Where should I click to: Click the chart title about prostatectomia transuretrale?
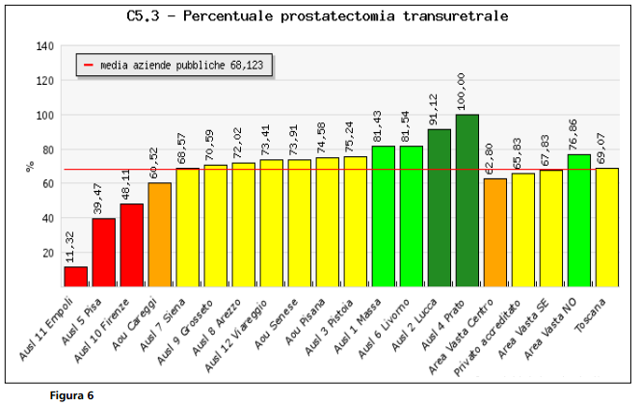317,16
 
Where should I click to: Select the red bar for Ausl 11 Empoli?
75,277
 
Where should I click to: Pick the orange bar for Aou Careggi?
159,234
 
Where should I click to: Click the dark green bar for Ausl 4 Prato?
467,201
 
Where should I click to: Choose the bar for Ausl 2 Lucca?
439,208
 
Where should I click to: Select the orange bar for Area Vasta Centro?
494,232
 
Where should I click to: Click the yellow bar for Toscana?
606,228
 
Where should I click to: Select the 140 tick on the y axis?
45,46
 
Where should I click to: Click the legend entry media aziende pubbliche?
174,66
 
